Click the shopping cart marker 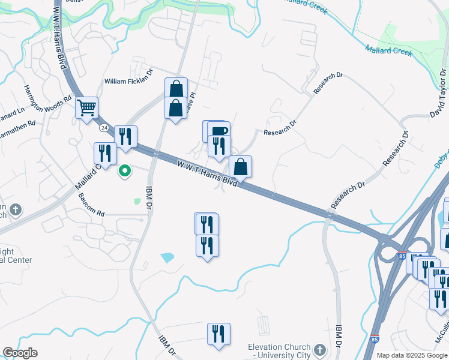pyautogui.click(x=87, y=109)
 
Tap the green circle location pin pyautogui.click(x=125, y=171)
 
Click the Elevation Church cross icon pyautogui.click(x=321, y=349)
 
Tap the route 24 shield pyautogui.click(x=104, y=128)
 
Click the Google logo pyautogui.click(x=20, y=353)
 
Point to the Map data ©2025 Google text pyautogui.click(x=412, y=355)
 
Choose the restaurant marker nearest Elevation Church pyautogui.click(x=218, y=334)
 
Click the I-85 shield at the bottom pyautogui.click(x=375, y=340)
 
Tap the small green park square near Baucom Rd pyautogui.click(x=137, y=202)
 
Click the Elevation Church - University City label pyautogui.click(x=280, y=352)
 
